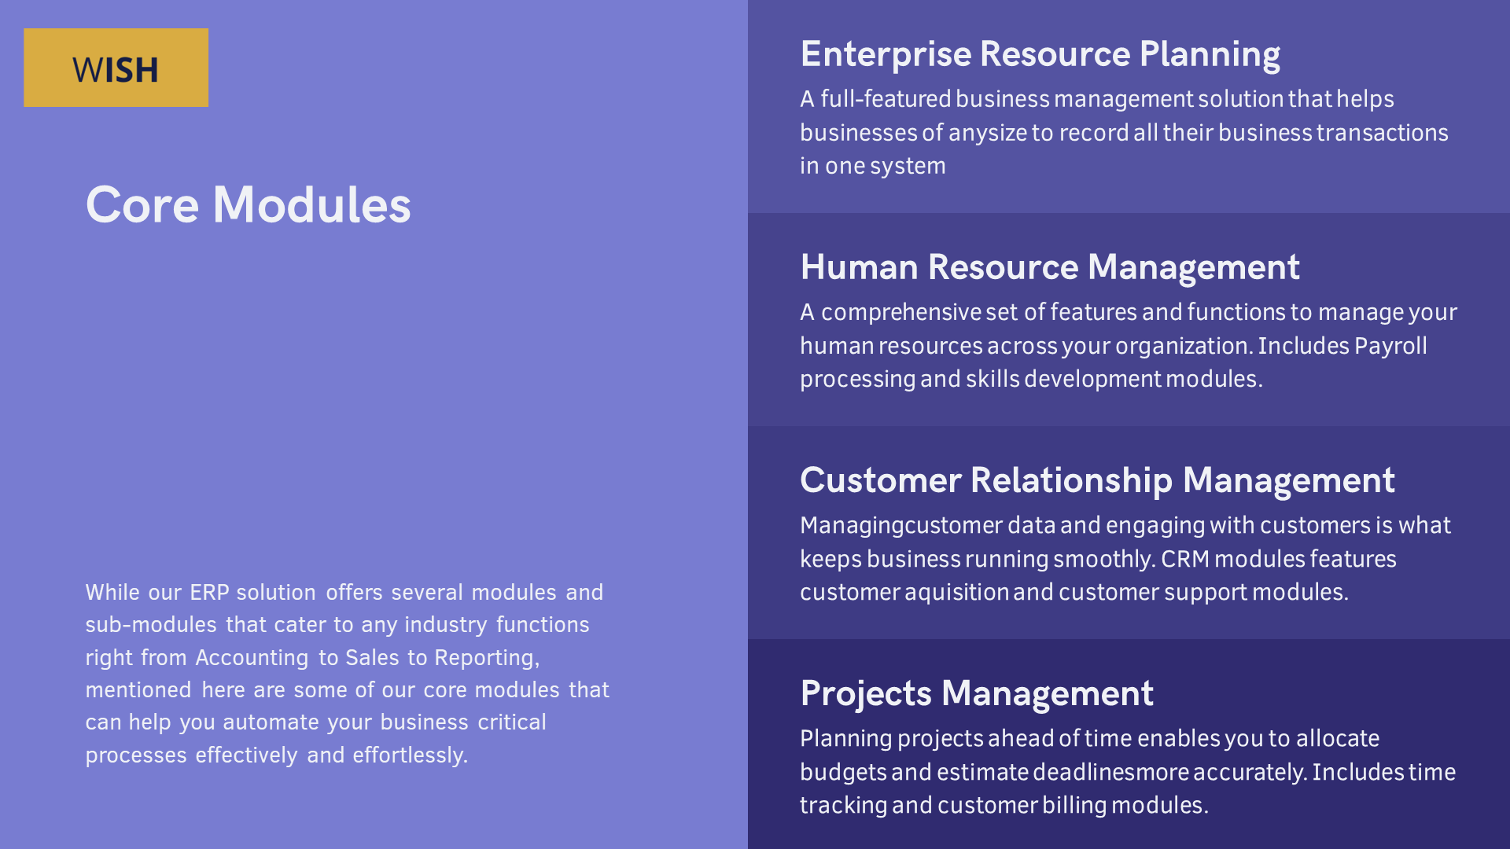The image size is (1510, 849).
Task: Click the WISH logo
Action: [x=116, y=68]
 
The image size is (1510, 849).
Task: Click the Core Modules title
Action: [x=248, y=205]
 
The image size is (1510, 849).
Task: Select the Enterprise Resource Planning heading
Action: [x=1040, y=55]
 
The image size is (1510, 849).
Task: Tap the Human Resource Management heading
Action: [x=1050, y=268]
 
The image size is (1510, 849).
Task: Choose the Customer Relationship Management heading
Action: [x=1097, y=481]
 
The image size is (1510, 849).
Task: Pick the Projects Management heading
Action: [x=977, y=694]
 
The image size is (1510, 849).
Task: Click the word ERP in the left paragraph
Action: [x=209, y=593]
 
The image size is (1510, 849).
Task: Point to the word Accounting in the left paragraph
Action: [x=252, y=658]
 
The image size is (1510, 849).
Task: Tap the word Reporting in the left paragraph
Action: [x=487, y=658]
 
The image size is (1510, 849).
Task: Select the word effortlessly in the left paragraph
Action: [x=410, y=755]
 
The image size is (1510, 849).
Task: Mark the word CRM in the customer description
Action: [x=1185, y=559]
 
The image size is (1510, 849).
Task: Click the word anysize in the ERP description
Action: [x=988, y=134]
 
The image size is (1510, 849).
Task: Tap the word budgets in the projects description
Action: [x=843, y=773]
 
